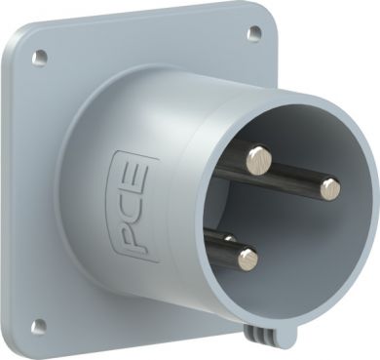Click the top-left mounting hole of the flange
pyautogui.click(x=40, y=57)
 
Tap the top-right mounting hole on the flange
pyautogui.click(x=253, y=33)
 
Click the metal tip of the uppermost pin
pyautogui.click(x=259, y=160)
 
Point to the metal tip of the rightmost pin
pyautogui.click(x=330, y=189)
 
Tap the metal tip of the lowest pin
pyautogui.click(x=248, y=260)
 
